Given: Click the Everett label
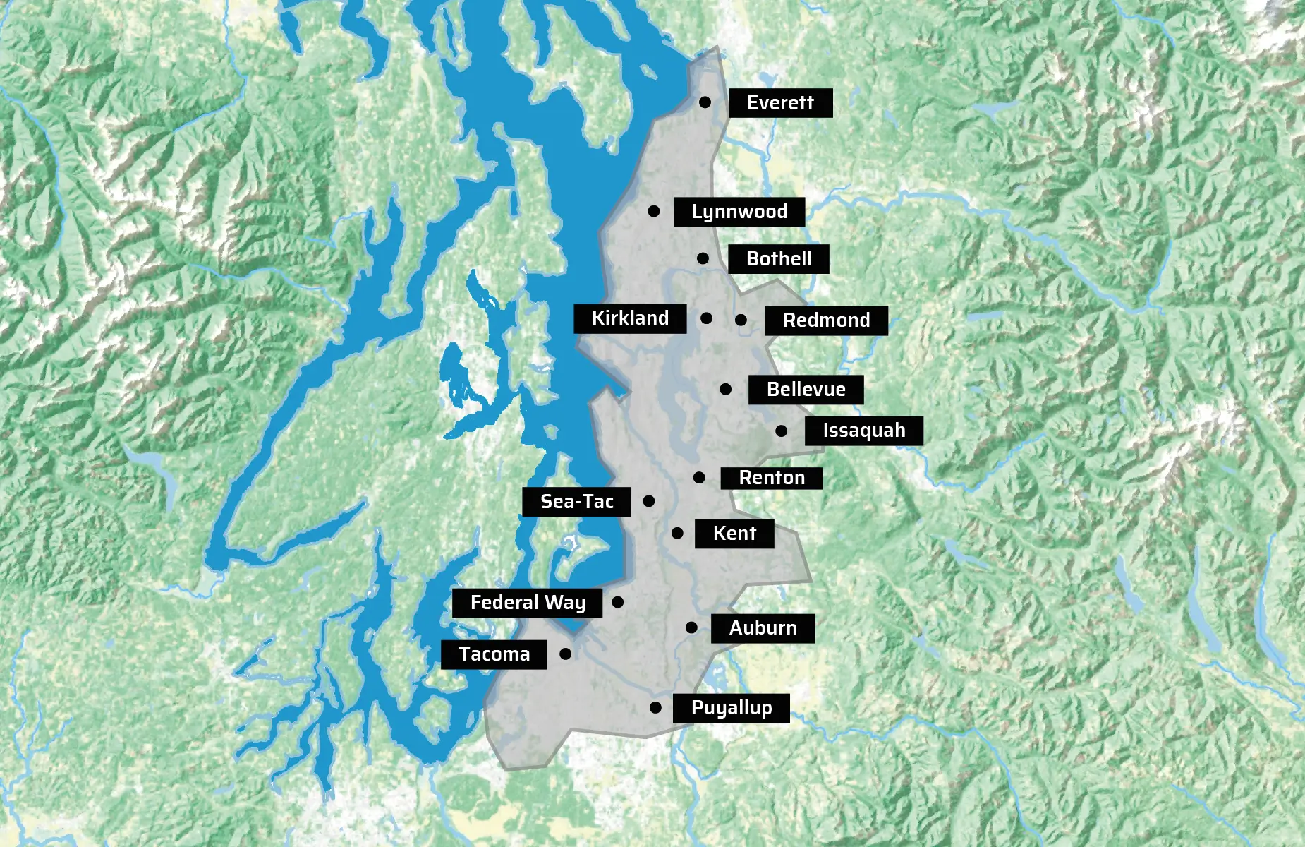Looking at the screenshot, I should point(780,103).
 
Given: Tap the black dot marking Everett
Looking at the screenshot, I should point(705,102).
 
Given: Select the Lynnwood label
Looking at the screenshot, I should point(739,212).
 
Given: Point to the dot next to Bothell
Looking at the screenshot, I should point(703,258).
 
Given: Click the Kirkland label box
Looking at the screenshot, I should point(630,318).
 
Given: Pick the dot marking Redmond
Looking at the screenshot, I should point(741,320).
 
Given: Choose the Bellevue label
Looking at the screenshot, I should point(806,390).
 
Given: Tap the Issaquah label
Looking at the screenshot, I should point(863,431).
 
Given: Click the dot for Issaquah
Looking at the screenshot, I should point(781,431).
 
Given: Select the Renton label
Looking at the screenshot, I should point(771,478).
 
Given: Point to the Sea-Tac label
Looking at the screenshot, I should point(576,502).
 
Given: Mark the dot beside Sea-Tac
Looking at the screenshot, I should point(649,501).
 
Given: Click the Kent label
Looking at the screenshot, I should point(734,534).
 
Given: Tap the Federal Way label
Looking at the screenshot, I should point(527,603).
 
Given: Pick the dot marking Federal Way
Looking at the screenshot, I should point(618,602).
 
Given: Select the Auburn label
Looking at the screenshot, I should point(763,628).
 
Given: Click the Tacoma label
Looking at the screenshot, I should point(494,654).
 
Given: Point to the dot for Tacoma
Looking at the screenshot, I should point(565,654).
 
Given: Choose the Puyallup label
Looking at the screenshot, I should point(731,708).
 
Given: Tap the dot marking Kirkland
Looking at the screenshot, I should point(706,318).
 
